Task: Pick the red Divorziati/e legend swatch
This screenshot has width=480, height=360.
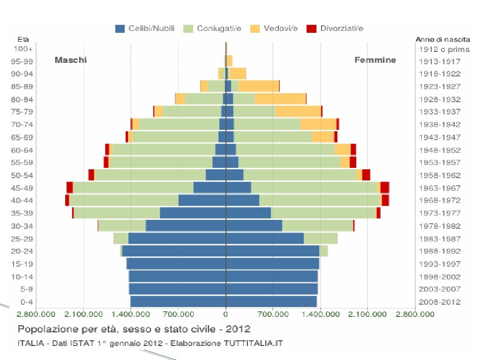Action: click(x=311, y=29)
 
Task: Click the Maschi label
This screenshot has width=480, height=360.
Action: click(x=71, y=60)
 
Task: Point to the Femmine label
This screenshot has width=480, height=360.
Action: click(x=375, y=60)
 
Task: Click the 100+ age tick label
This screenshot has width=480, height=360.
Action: click(x=23, y=48)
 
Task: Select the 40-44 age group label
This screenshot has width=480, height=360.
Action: click(x=23, y=200)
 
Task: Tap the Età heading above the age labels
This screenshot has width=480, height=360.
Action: click(x=22, y=39)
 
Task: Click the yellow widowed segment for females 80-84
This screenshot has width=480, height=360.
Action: click(x=280, y=99)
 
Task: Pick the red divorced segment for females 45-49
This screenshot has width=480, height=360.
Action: click(x=385, y=187)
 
